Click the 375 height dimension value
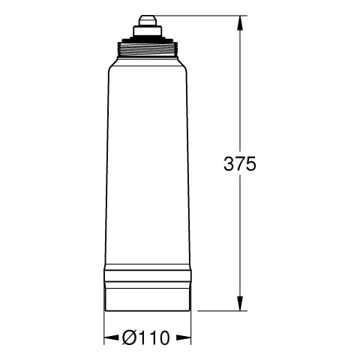240,164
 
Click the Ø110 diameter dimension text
146,337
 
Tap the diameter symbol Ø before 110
130,337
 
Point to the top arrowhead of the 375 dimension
240,23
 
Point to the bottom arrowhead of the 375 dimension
240,304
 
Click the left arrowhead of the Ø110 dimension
112,338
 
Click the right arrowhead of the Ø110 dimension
184,338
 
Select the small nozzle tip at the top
148,20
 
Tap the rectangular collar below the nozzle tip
148,31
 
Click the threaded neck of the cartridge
148,49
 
